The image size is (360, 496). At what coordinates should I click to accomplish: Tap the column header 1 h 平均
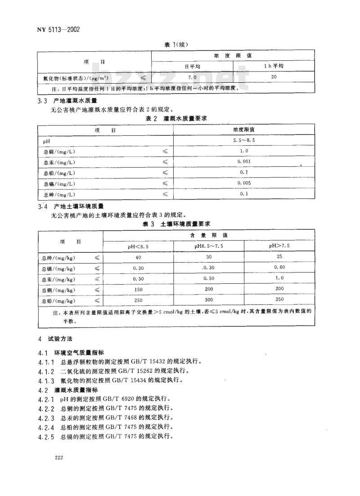pyautogui.click(x=274, y=66)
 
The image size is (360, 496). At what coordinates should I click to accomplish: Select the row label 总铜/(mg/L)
pyautogui.click(x=59, y=152)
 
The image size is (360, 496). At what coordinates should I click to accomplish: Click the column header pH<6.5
pyautogui.click(x=138, y=246)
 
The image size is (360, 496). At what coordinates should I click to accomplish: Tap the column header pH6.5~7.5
pyautogui.click(x=209, y=246)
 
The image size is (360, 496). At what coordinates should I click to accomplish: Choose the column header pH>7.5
pyautogui.click(x=279, y=246)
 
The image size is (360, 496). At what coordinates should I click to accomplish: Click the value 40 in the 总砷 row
pyautogui.click(x=138, y=258)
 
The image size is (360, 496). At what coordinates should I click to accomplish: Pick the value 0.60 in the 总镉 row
pyautogui.click(x=279, y=268)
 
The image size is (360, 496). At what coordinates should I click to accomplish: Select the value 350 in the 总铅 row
pyautogui.click(x=279, y=300)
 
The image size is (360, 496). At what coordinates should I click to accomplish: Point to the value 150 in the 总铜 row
pyautogui.click(x=138, y=290)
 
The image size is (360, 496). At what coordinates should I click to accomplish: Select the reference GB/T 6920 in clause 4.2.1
pyautogui.click(x=121, y=398)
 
